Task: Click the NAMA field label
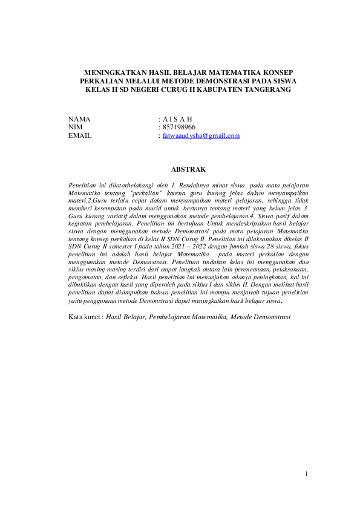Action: (x=79, y=119)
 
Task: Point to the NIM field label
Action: (x=76, y=128)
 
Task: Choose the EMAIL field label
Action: (x=80, y=136)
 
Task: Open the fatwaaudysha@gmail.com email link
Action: (x=201, y=136)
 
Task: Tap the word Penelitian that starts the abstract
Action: (x=84, y=183)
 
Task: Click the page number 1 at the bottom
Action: (x=307, y=473)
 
